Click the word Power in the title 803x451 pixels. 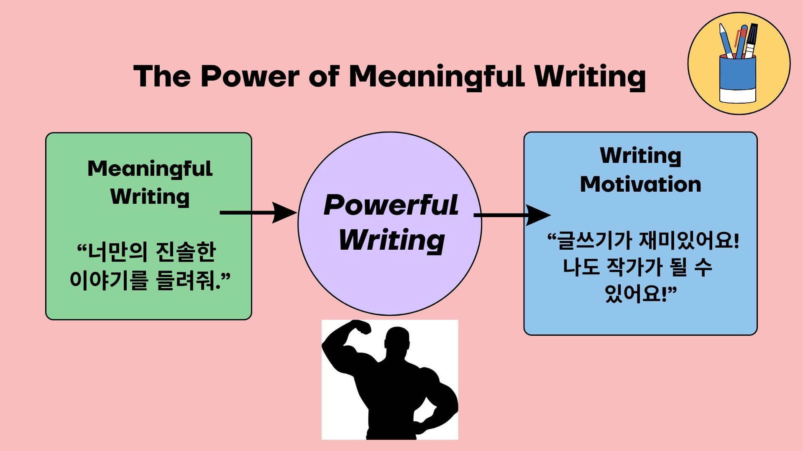tap(250, 76)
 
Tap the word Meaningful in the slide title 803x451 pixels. tap(437, 77)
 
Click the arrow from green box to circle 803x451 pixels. tap(258, 213)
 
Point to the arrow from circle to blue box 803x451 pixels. tap(512, 215)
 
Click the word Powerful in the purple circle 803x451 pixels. tap(391, 205)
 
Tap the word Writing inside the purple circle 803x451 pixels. tap(391, 241)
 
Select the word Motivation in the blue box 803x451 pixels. tap(640, 184)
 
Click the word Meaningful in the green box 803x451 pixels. tap(150, 169)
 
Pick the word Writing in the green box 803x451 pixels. tap(150, 197)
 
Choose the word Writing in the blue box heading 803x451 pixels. tap(640, 156)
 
